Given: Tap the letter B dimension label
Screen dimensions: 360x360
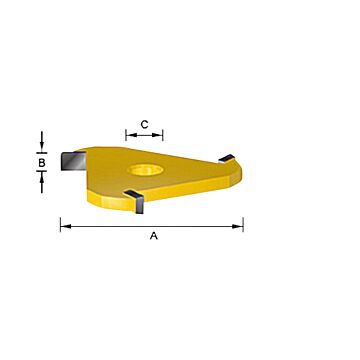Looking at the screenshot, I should tap(42, 161).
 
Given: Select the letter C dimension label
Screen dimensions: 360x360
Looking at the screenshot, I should tap(145, 124).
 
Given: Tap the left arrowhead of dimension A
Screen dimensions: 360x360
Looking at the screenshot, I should tap(64, 226).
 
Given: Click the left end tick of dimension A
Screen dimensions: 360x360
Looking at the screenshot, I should tap(60, 226).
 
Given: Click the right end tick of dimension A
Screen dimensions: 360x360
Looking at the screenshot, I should tap(243, 226).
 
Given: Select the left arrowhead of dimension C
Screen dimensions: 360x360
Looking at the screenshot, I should tap(129, 135).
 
